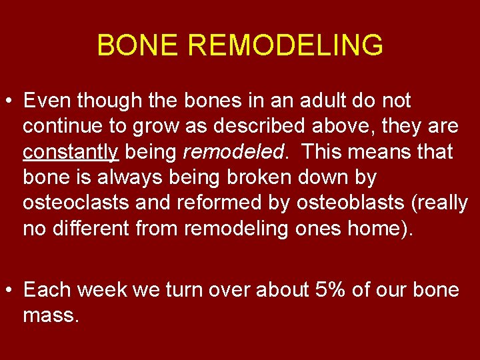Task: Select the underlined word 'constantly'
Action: click(70, 153)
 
